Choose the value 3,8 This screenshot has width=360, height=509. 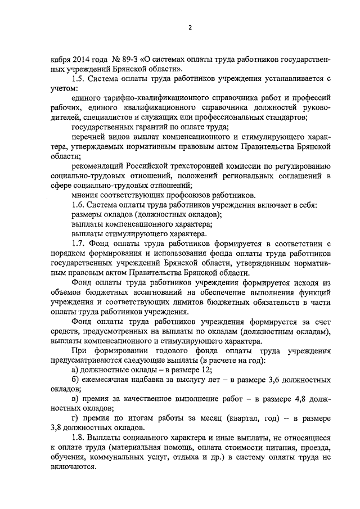pos(56,427)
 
